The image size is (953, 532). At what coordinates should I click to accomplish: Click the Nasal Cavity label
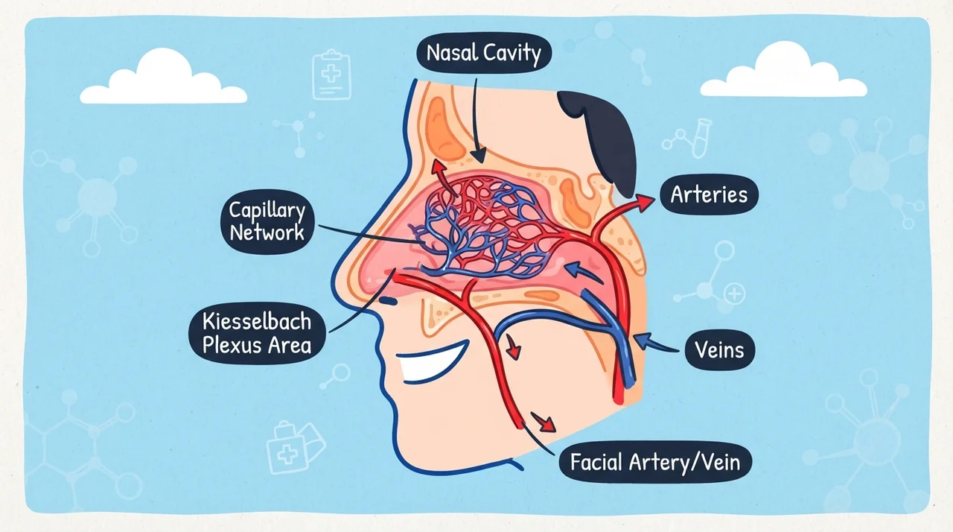[x=484, y=54]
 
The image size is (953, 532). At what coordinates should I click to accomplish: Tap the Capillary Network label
[x=267, y=222]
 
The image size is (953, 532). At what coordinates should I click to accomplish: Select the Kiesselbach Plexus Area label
[x=257, y=333]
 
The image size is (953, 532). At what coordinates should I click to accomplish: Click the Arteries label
[x=709, y=194]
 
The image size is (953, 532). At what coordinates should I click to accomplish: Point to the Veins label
[x=719, y=350]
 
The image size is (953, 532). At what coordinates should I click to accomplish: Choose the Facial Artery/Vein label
[x=654, y=462]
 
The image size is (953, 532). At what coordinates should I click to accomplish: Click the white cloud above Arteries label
[x=784, y=70]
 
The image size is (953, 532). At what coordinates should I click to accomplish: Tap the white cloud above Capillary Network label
[x=163, y=77]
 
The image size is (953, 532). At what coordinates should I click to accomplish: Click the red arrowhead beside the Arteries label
[x=646, y=202]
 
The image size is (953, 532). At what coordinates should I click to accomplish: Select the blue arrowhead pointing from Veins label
[x=643, y=340]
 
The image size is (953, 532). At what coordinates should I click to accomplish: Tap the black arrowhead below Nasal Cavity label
[x=479, y=155]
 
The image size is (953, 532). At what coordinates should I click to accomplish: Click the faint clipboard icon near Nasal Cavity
[x=331, y=75]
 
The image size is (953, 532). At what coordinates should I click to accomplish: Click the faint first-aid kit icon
[x=294, y=447]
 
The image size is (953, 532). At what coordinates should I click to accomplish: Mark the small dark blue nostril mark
[x=388, y=301]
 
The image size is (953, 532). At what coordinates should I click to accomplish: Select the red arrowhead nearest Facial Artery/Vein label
[x=544, y=423]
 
